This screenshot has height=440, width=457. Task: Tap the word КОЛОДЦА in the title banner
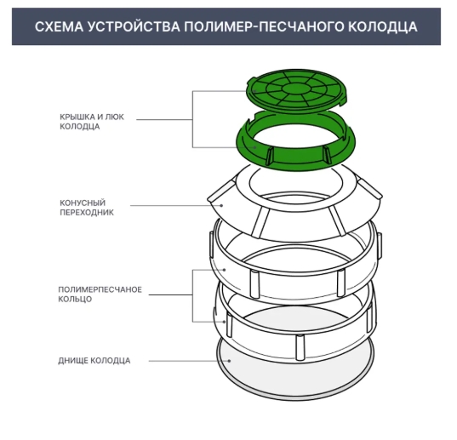click(x=383, y=26)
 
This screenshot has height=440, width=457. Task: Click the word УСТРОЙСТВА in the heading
click(x=134, y=26)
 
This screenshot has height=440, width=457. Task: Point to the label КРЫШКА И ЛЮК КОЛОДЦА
click(x=92, y=122)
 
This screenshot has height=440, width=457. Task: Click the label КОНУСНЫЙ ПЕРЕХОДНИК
click(x=87, y=208)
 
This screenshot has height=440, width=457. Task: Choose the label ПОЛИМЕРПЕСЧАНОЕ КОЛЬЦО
click(x=100, y=294)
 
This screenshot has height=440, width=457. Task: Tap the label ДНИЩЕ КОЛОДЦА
click(x=94, y=361)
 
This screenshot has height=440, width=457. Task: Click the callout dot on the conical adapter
click(x=221, y=205)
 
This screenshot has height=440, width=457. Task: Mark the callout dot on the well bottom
click(x=230, y=361)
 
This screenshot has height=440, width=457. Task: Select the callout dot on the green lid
click(x=254, y=91)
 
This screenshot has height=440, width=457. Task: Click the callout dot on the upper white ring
click(x=224, y=270)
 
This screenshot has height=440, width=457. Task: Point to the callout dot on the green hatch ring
click(x=255, y=147)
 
